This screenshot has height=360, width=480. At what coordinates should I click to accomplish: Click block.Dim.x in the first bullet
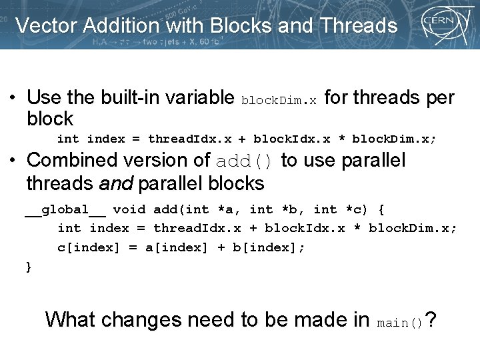(x=279, y=101)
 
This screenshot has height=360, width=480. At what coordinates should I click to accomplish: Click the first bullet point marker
(x=13, y=97)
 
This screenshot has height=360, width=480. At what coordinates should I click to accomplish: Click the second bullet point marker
(x=13, y=160)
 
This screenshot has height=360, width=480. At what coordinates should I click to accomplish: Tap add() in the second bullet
(x=245, y=161)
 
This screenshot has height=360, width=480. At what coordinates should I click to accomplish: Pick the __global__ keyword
(x=65, y=209)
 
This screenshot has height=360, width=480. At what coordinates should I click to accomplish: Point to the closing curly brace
(x=28, y=267)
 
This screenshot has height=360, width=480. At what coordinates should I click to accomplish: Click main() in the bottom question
(x=400, y=323)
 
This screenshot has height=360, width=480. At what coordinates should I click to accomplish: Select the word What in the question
(x=70, y=319)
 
